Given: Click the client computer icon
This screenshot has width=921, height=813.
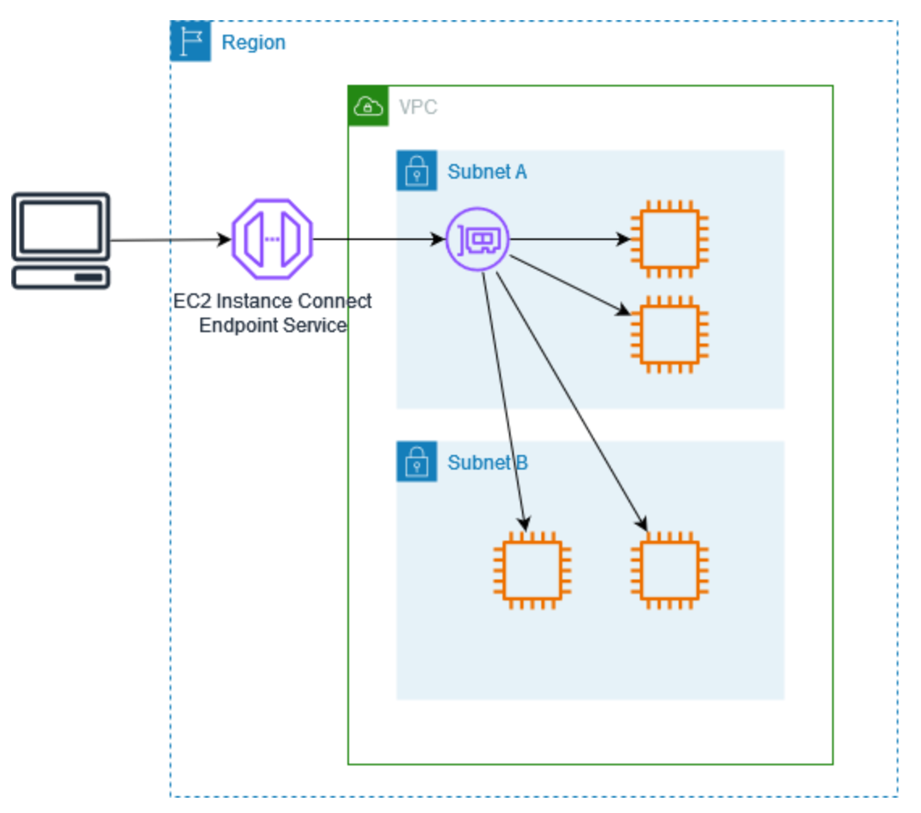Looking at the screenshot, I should pos(61,240).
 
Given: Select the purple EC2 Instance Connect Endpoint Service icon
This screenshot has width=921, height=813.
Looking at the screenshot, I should pos(271,239).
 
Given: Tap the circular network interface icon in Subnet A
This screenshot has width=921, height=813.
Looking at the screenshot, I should pos(477,239).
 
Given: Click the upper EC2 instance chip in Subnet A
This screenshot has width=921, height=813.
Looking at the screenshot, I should pos(669,239).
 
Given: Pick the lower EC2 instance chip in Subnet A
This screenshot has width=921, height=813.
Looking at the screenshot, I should pos(669,334).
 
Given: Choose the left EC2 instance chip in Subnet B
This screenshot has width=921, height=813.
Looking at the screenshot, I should pos(532,570).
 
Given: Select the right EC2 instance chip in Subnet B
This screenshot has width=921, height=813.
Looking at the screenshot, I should pos(669,570).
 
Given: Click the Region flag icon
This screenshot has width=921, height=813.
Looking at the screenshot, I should pos(191,42).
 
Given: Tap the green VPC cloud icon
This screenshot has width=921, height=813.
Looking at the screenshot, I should pos(368,106).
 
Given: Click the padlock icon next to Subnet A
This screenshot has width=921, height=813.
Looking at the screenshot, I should pos(417,171).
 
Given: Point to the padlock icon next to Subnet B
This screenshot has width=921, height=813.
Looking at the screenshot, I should pos(417,461).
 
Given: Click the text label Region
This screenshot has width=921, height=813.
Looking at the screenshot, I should pos(253,42).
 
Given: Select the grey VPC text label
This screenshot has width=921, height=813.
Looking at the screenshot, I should pos(418,107).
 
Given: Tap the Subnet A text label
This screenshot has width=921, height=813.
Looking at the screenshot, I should pos(487,171).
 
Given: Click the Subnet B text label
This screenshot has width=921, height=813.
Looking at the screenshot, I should pos(487,462).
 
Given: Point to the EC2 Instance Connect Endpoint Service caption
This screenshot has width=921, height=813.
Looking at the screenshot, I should pos(273,313).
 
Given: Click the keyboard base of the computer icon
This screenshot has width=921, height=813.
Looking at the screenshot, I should pos(61,277).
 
